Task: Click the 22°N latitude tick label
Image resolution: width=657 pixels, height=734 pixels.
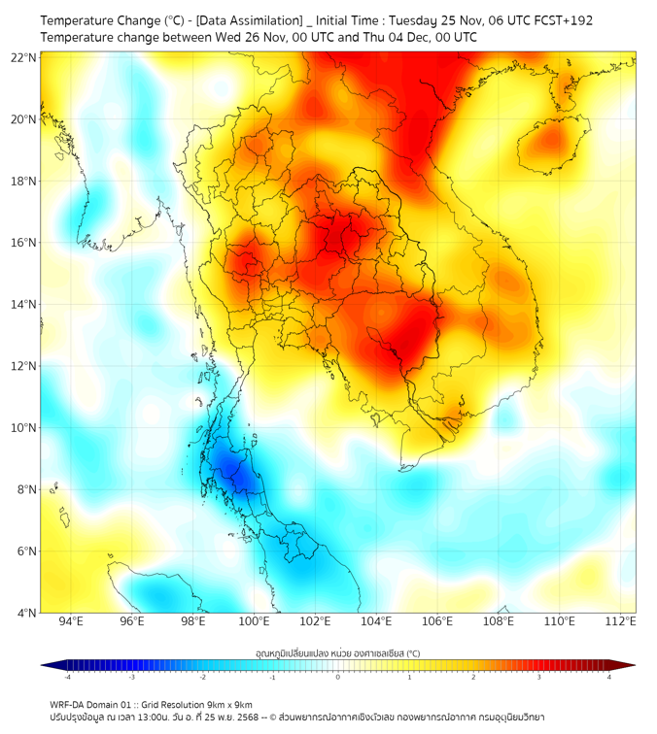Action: click(x=24, y=57)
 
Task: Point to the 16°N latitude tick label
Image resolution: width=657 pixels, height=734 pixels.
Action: click(x=24, y=243)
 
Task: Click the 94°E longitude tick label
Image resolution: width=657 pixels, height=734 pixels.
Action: click(x=71, y=621)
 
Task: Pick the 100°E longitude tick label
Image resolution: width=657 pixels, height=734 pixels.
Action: click(x=255, y=621)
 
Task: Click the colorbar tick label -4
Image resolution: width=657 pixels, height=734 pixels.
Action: click(x=67, y=677)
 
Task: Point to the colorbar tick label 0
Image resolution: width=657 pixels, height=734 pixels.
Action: click(x=338, y=677)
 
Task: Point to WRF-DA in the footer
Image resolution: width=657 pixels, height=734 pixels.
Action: click(x=67, y=704)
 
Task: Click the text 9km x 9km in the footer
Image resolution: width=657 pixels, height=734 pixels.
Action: click(x=226, y=704)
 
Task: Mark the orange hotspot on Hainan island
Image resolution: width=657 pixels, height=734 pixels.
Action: click(x=551, y=141)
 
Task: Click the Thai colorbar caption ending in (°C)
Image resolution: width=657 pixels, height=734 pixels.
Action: click(x=337, y=653)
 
